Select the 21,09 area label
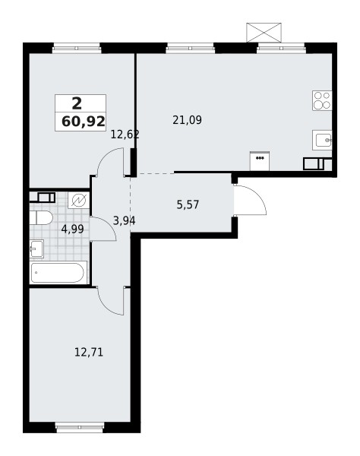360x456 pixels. coord(187,119)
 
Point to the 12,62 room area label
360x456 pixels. coord(125,135)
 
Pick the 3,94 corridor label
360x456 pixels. coord(124,221)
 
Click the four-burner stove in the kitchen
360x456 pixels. coord(322,100)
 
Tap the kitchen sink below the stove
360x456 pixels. coord(322,140)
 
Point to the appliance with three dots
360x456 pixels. coord(260,160)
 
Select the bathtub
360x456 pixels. coord(58,272)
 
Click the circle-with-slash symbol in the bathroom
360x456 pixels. coord(79,200)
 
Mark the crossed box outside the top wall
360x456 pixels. coord(265,33)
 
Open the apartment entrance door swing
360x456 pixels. coord(250,201)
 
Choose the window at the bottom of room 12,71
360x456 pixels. coord(79,428)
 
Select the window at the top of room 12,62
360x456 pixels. coord(77,48)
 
